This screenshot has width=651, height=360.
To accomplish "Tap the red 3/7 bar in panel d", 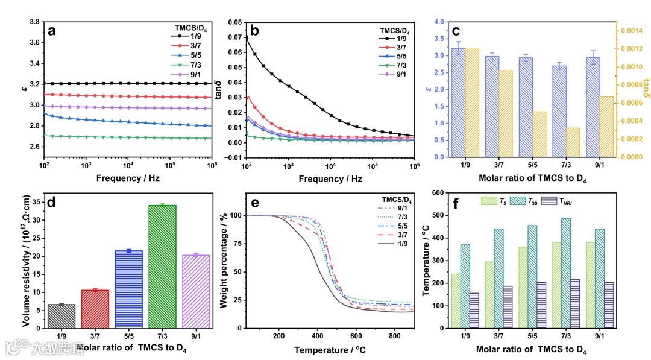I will (95, 309).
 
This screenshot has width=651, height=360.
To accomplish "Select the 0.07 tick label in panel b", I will (231, 37).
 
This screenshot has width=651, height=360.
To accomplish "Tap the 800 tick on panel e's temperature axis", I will (394, 335).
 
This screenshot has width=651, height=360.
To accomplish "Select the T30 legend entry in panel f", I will (523, 200).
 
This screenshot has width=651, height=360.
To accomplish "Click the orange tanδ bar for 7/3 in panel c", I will (556, 142).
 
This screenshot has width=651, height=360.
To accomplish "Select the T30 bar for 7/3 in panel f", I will (566, 273).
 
